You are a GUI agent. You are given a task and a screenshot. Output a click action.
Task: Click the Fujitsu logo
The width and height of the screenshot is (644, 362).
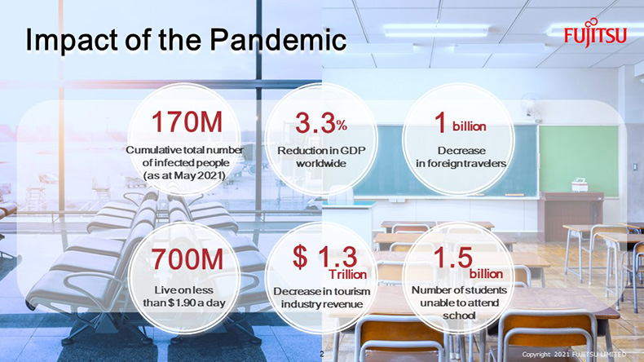pyautogui.click(x=595, y=33)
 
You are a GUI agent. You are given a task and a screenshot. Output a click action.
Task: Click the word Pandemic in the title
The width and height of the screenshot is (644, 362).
pyautogui.click(x=279, y=40)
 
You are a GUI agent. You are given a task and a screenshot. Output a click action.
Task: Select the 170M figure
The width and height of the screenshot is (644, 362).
pyautogui.click(x=187, y=122)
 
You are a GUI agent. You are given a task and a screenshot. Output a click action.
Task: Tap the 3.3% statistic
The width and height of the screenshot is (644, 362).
pyautogui.click(x=320, y=122)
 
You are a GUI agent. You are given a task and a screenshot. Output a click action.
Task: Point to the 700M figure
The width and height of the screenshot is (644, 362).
pyautogui.click(x=187, y=259)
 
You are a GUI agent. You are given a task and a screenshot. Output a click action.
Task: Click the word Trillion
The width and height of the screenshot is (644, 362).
pyautogui.click(x=347, y=274)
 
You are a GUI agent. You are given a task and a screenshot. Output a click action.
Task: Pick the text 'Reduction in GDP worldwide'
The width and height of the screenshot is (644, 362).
pyautogui.click(x=321, y=157)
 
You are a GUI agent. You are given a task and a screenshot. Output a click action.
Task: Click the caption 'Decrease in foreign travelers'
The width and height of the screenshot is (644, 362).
pyautogui.click(x=461, y=157)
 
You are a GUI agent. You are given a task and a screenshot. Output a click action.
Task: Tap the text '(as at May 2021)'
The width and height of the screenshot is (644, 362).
pyautogui.click(x=184, y=175)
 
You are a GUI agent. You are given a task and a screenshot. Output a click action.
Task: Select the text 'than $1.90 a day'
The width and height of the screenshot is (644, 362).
pyautogui.click(x=184, y=303)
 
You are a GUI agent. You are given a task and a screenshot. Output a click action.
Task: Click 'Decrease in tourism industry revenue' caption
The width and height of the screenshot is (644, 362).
pyautogui.click(x=321, y=298)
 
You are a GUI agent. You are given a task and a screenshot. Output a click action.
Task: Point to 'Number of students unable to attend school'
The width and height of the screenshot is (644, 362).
pyautogui.click(x=459, y=302)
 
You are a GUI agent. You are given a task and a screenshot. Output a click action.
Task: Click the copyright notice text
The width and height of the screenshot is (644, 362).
pyautogui.click(x=574, y=354)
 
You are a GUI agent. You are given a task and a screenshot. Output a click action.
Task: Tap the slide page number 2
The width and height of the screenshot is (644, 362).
pyautogui.click(x=322, y=354)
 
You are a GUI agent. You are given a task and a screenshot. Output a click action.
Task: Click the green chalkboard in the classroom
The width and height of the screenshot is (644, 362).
pyautogui.click(x=579, y=161)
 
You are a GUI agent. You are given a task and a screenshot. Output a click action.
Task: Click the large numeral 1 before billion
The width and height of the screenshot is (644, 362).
pyautogui.click(x=440, y=122)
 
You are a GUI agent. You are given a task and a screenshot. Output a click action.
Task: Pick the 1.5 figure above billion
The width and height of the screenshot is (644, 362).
pyautogui.click(x=453, y=258)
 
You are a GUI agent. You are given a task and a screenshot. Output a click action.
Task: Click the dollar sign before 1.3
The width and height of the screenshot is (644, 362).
pyautogui.click(x=300, y=257)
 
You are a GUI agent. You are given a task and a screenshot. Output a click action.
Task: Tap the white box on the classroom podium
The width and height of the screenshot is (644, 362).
pyautogui.click(x=580, y=185)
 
